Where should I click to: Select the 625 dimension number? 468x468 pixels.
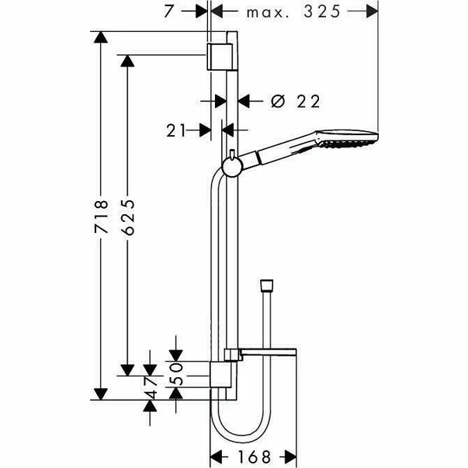tap(129, 220)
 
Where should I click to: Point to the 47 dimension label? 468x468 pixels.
tap(152, 387)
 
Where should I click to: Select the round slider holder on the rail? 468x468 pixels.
tap(231, 164)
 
